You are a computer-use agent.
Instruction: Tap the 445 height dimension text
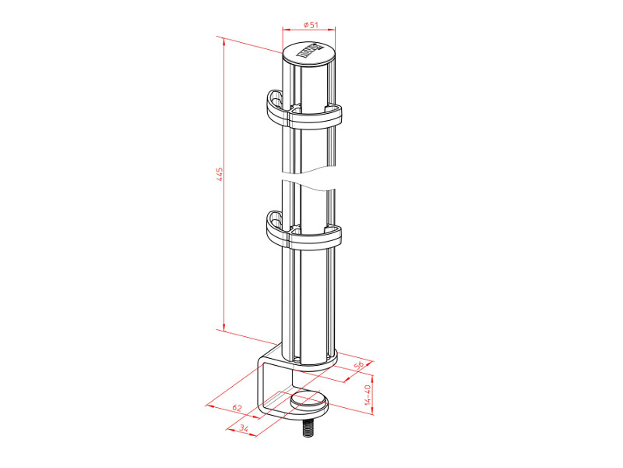(x=220, y=173)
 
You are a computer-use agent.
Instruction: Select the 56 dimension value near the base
(x=359, y=366)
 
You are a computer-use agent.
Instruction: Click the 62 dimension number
(x=237, y=408)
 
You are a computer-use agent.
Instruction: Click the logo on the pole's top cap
(x=310, y=53)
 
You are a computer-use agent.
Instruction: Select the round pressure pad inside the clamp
(x=309, y=402)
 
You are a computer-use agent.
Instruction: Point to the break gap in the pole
(x=311, y=175)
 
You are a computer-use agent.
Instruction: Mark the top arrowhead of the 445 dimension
(x=224, y=38)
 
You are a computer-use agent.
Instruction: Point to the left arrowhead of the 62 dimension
(x=206, y=405)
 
